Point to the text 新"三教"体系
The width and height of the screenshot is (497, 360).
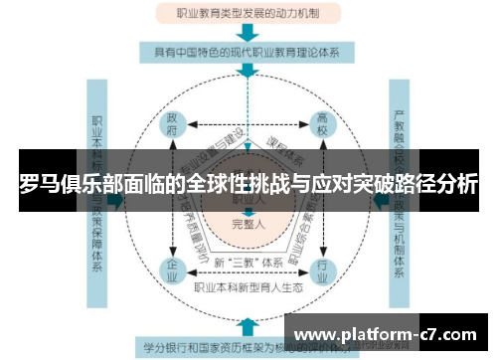(x=248, y=264)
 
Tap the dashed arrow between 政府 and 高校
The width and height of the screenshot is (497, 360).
(x=248, y=125)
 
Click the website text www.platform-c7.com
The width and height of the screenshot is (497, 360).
(x=387, y=333)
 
